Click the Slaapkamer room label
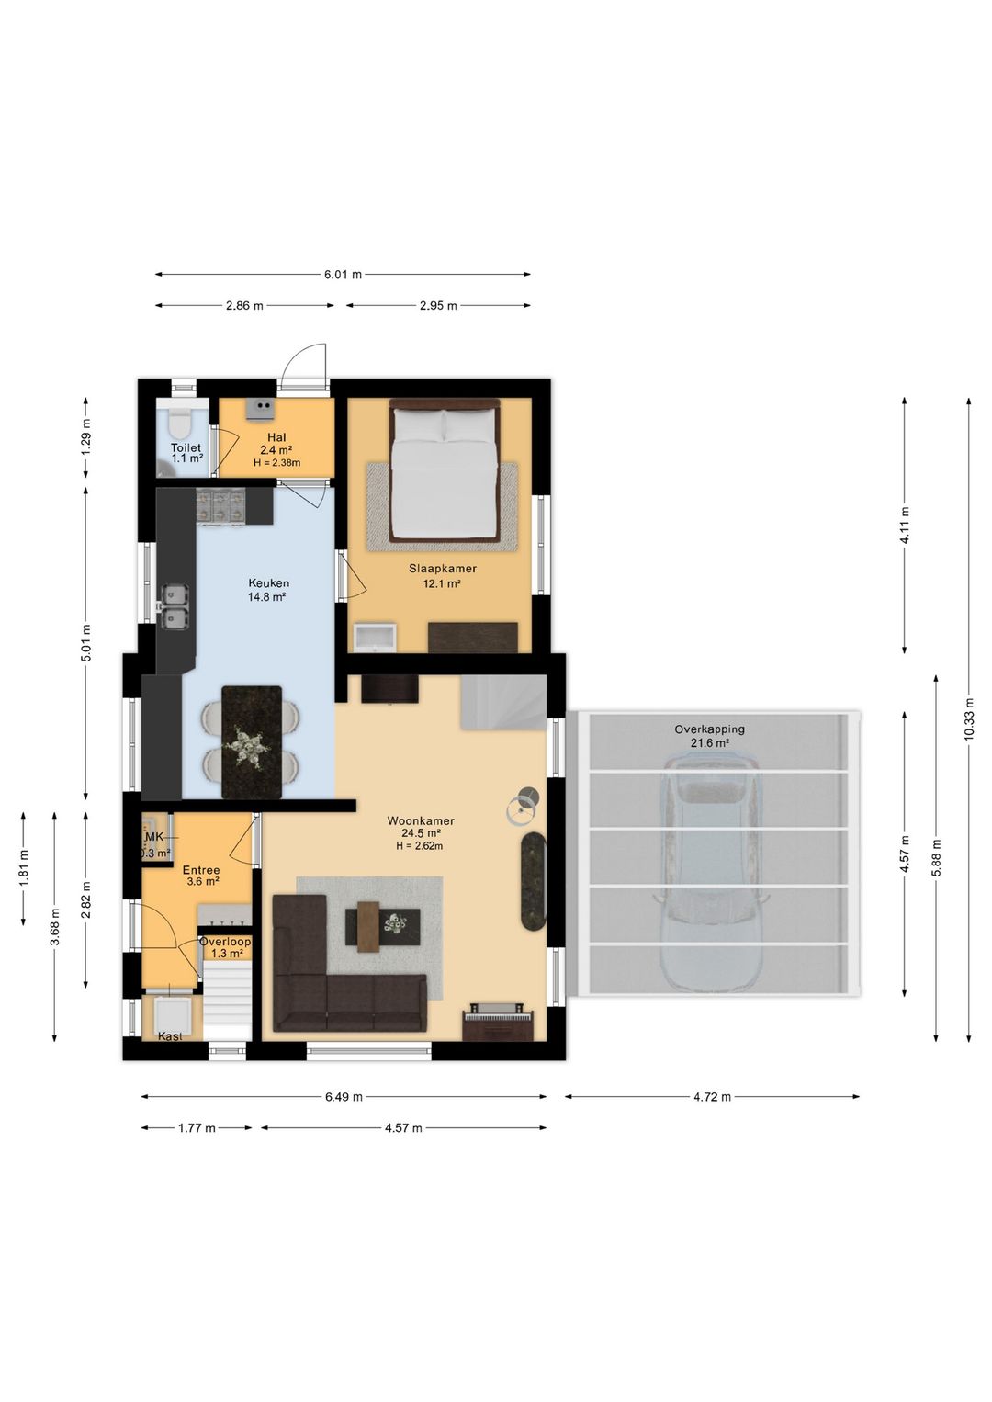(443, 569)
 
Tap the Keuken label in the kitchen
(268, 583)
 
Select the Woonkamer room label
(421, 820)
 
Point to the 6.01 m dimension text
(343, 274)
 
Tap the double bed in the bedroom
(445, 469)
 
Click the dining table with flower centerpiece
(252, 742)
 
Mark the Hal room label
(276, 437)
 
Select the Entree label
(201, 870)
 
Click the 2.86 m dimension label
(244, 305)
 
